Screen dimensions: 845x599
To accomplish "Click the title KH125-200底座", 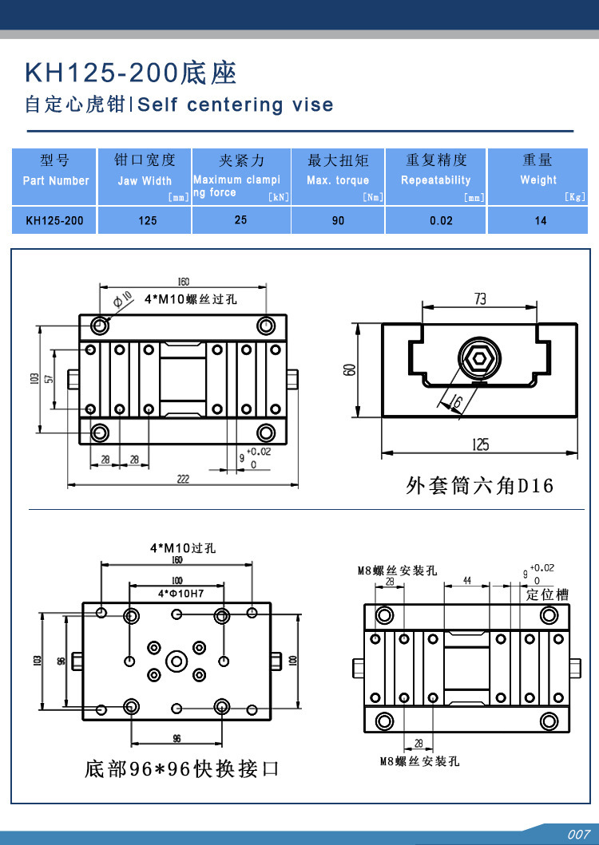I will click(x=132, y=73).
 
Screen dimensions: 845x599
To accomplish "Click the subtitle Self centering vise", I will click(x=236, y=105).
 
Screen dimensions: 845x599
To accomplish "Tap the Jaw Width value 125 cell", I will click(x=147, y=220).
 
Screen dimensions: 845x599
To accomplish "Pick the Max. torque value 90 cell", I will click(x=338, y=220).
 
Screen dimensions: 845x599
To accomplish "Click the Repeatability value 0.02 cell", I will click(x=442, y=220).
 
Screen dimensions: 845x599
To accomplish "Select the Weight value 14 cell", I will click(x=541, y=220).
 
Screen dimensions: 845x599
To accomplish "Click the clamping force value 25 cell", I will click(x=240, y=219).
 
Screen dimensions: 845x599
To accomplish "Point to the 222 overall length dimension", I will click(x=183, y=478).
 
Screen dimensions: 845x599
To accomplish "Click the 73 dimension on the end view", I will click(x=480, y=298).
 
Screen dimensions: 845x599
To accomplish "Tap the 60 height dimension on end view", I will click(x=349, y=370).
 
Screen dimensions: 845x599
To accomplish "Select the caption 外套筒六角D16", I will click(x=479, y=485).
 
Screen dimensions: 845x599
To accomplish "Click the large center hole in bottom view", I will click(x=177, y=660).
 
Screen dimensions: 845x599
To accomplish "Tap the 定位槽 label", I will click(x=546, y=594).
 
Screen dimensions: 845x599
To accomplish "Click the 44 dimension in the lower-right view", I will click(x=466, y=579).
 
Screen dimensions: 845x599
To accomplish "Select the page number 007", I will click(x=578, y=835).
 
